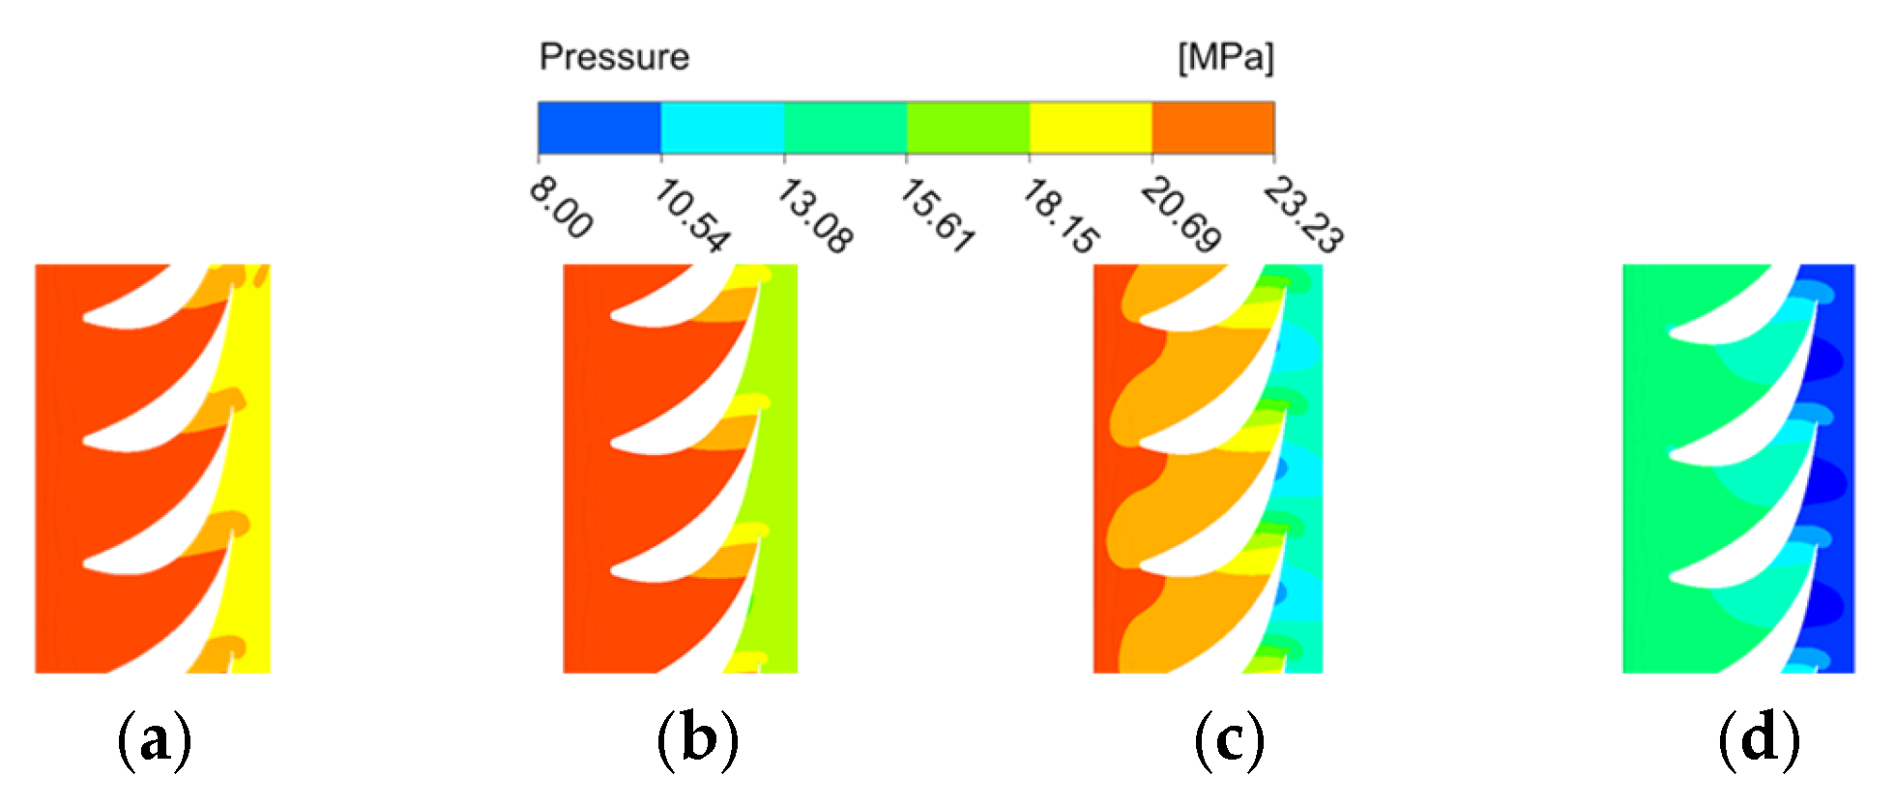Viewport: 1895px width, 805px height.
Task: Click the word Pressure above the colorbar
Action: pos(614,57)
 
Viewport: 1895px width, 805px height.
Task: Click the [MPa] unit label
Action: pos(1225,57)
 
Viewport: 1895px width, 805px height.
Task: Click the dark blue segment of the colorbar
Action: pos(599,128)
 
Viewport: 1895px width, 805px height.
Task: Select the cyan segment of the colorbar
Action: pos(722,128)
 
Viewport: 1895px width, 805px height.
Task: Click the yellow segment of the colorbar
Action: pos(1091,128)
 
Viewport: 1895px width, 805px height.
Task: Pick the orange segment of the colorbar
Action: pos(1213,128)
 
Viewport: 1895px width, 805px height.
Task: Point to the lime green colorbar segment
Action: pos(968,128)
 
